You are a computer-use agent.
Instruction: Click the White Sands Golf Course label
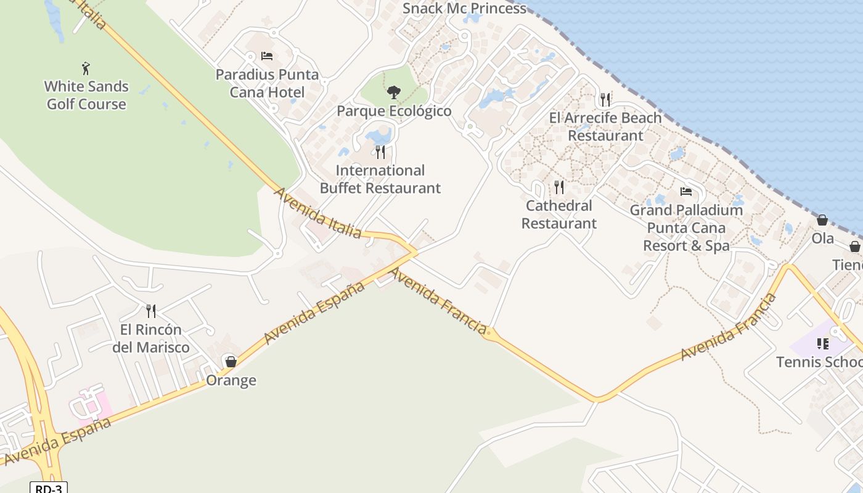(x=86, y=95)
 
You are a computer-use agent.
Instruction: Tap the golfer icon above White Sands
(x=86, y=68)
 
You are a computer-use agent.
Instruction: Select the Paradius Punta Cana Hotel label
(x=267, y=83)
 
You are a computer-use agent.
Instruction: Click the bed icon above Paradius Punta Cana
(x=267, y=56)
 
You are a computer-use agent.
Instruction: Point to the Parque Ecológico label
(x=394, y=111)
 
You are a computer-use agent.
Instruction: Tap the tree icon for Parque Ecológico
(x=393, y=93)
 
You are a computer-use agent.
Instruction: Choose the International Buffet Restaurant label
(x=380, y=179)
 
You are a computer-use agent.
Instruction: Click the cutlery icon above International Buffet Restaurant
(x=380, y=152)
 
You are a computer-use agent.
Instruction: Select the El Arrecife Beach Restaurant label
(x=605, y=126)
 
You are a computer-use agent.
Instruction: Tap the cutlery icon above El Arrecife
(x=605, y=99)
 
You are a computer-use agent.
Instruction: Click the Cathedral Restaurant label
(x=559, y=214)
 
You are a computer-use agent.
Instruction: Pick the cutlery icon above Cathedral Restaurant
(x=558, y=187)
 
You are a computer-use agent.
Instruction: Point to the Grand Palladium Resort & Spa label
(x=686, y=227)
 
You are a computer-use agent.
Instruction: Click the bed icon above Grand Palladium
(x=686, y=192)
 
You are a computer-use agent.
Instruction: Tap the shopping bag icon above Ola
(x=822, y=220)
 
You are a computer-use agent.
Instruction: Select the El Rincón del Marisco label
(x=151, y=338)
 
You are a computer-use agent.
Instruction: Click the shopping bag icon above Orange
(x=231, y=362)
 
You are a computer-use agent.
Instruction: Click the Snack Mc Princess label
(x=464, y=9)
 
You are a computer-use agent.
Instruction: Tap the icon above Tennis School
(x=823, y=343)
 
